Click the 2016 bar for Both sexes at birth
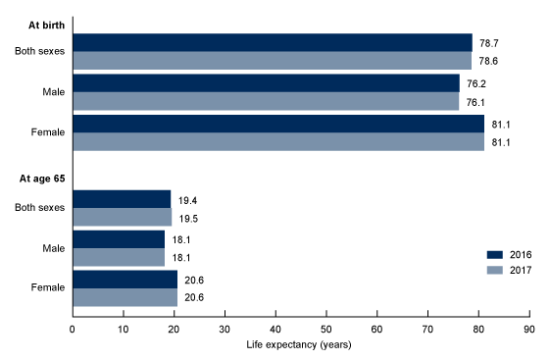pos(272,43)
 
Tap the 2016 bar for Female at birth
pos(278,124)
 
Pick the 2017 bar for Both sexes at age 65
pos(122,217)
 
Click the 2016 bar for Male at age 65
pos(119,239)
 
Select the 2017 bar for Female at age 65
pos(125,297)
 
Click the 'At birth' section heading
pos(33,21)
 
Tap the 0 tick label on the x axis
pos(73,329)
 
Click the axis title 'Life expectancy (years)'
pos(301,344)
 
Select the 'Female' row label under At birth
pos(48,132)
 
